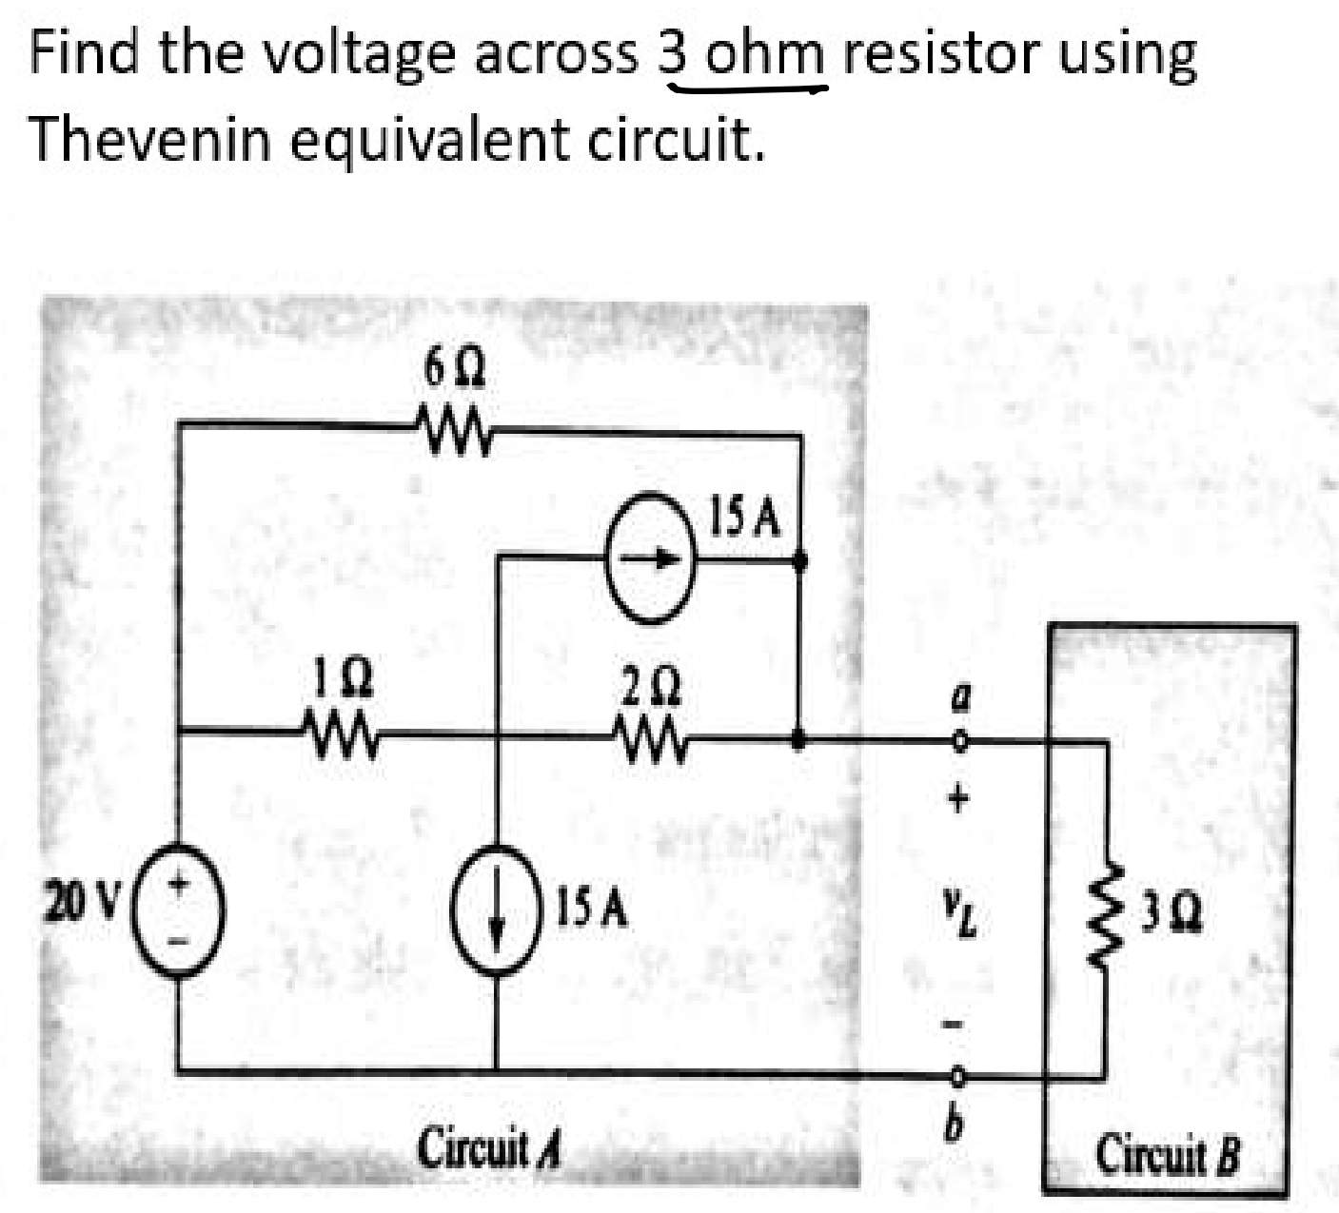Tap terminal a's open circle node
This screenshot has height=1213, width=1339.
coord(960,739)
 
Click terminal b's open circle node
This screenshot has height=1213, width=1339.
coord(959,1075)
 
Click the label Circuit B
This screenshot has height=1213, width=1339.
coord(1168,1154)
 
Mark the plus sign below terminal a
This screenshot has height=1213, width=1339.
coord(959,797)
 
